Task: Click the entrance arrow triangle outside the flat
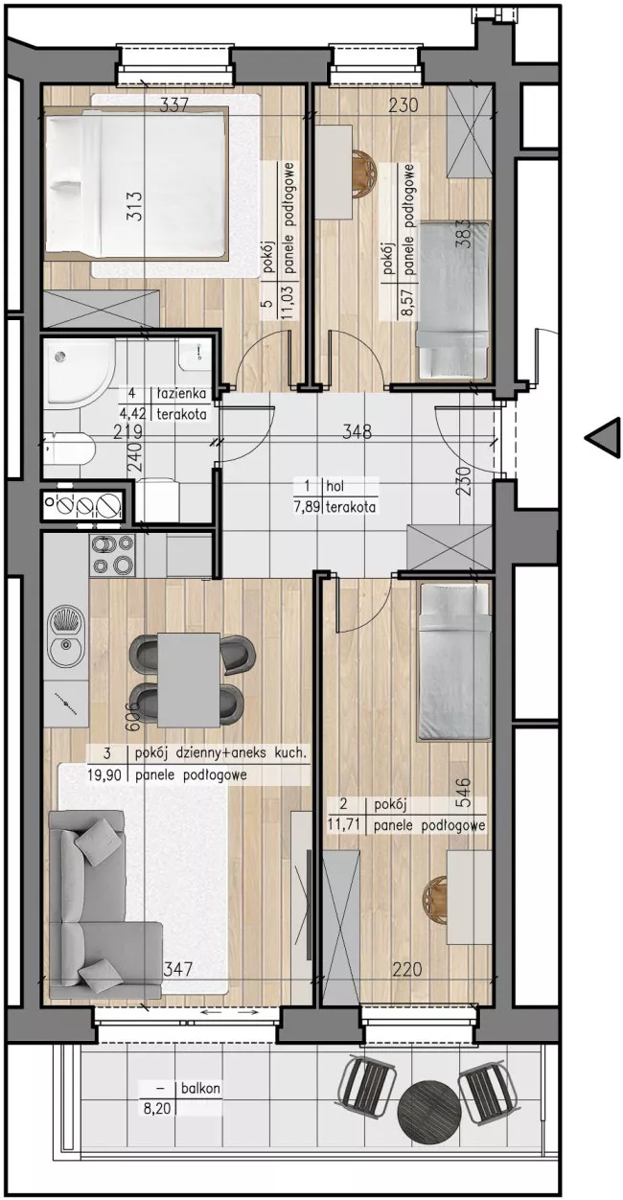coord(605,437)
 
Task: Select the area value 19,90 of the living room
coord(104,775)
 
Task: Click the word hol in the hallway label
coord(335,487)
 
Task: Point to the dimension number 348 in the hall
coord(357,431)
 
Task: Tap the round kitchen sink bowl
coord(66,648)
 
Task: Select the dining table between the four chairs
coord(189,679)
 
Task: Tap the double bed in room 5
coord(135,183)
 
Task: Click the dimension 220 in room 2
coord(406,969)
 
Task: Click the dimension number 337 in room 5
coord(174,104)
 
